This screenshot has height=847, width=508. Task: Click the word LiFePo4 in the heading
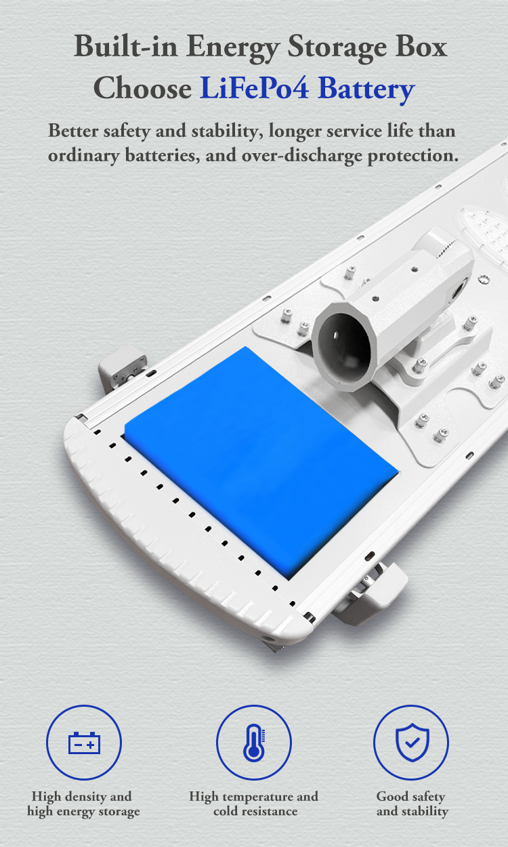click(255, 87)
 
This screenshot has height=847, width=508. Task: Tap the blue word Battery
click(366, 89)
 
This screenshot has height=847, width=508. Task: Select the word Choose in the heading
click(142, 87)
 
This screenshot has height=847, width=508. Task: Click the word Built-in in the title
click(125, 47)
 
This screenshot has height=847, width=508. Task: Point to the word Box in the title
click(421, 46)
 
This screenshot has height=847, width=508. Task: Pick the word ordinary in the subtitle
click(83, 156)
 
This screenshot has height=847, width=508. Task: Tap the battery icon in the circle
click(84, 743)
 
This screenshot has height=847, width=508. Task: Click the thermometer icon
click(254, 743)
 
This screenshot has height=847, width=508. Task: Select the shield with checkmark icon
click(412, 742)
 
